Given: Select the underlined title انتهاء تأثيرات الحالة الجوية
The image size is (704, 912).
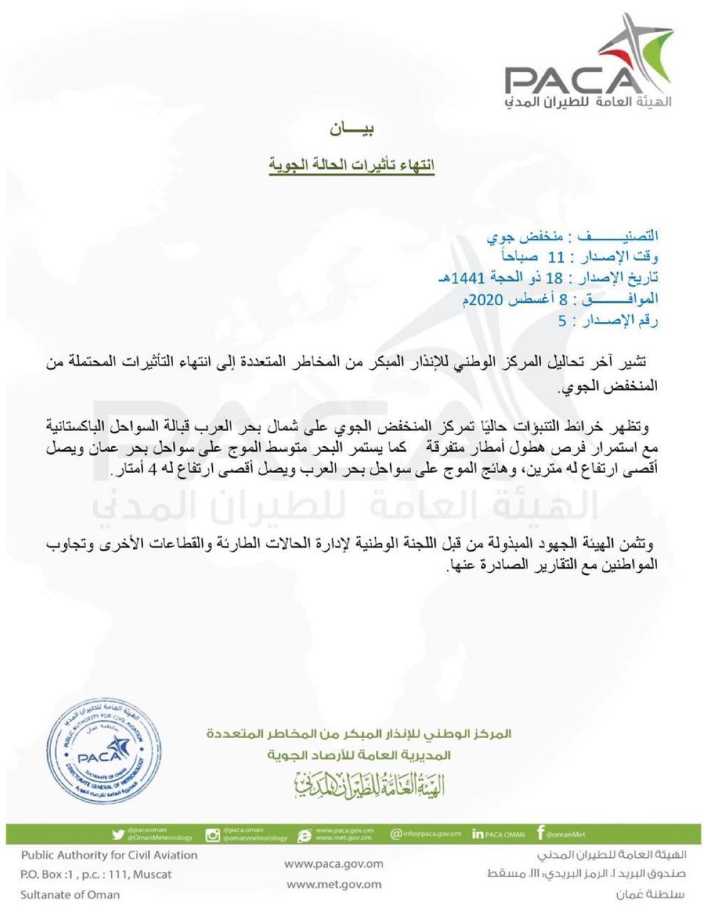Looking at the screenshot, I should pyautogui.click(x=352, y=165).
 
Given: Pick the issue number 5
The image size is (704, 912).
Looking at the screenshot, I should pyautogui.click(x=562, y=320).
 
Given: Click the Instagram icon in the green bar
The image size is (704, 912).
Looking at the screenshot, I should pyautogui.click(x=212, y=834).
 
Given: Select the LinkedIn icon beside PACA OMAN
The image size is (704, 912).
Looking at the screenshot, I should pyautogui.click(x=477, y=834).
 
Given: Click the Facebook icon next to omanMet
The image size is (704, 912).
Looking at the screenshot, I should pyautogui.click(x=541, y=833).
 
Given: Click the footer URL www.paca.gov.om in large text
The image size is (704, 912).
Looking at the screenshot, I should pyautogui.click(x=333, y=864).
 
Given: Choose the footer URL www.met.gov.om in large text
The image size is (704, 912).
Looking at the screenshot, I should pyautogui.click(x=333, y=884).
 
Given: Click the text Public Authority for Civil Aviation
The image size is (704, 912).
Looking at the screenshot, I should pyautogui.click(x=109, y=854).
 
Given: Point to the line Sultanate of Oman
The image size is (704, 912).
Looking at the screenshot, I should pyautogui.click(x=70, y=894).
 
